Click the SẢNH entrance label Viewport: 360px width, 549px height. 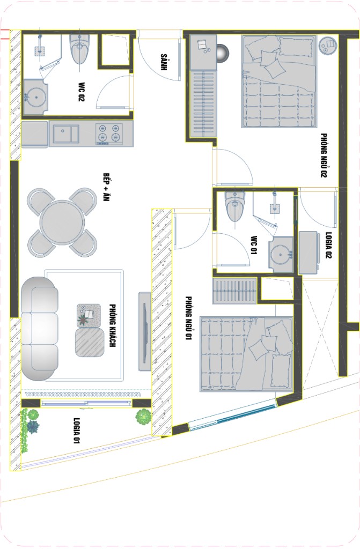tap(163, 62)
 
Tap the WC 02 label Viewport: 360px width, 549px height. tap(81, 92)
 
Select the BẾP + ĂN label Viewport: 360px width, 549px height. tap(106, 187)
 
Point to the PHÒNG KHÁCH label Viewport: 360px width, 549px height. tap(112, 325)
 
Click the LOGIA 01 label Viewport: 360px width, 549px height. tap(76, 431)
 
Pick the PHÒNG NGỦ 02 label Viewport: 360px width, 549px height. tap(323, 155)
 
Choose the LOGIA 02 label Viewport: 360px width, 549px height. tap(328, 245)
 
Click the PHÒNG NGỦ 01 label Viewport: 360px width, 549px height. tap(188, 318)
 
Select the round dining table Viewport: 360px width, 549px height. tap(62, 222)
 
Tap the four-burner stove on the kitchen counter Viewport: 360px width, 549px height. tap(109, 133)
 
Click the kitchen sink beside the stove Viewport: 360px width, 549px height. tap(65, 135)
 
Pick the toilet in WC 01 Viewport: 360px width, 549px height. tap(235, 206)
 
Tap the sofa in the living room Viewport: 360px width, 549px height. tap(39, 329)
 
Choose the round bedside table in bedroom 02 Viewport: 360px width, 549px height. tap(328, 45)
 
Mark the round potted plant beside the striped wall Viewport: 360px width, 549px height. tap(144, 416)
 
